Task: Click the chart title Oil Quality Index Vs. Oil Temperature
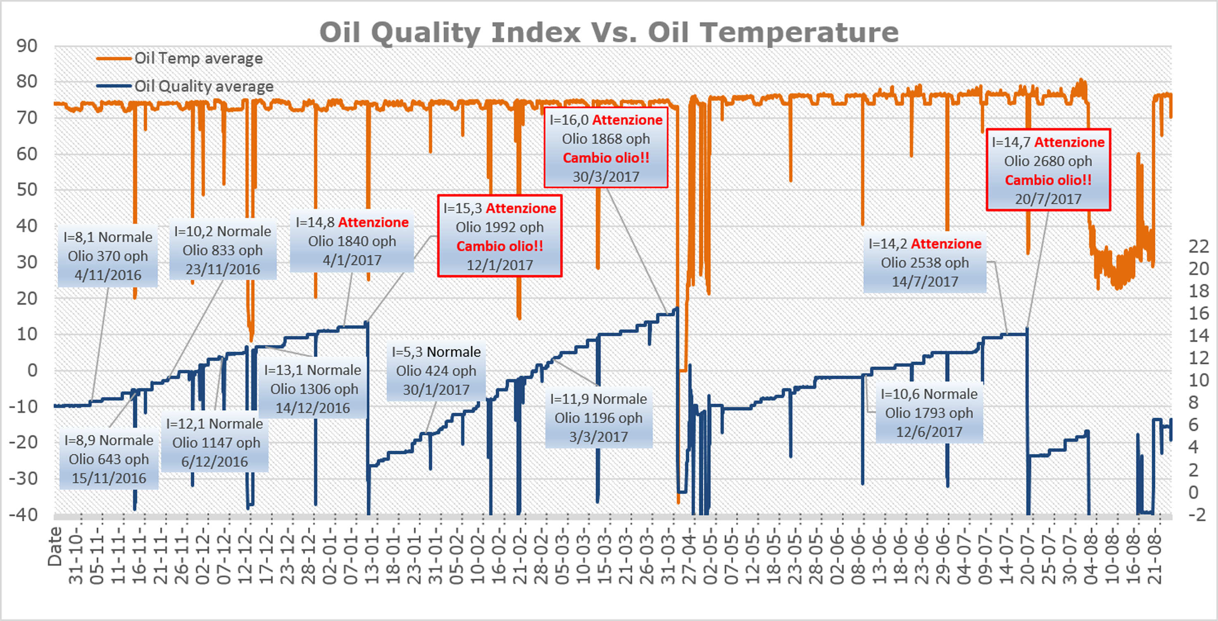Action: pyautogui.click(x=609, y=32)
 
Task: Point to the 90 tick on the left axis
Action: pyautogui.click(x=27, y=46)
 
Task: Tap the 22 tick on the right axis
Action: pyautogui.click(x=1199, y=246)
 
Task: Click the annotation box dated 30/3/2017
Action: pyautogui.click(x=606, y=148)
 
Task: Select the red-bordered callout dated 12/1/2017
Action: pyautogui.click(x=499, y=236)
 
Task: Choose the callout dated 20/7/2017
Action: pyautogui.click(x=1048, y=170)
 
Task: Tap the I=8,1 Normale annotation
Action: pyautogui.click(x=108, y=256)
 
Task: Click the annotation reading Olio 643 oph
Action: pyautogui.click(x=109, y=459)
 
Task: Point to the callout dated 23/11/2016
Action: pyautogui.click(x=223, y=250)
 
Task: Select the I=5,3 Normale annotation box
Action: pyautogui.click(x=436, y=370)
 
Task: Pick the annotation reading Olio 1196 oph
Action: pyautogui.click(x=599, y=418)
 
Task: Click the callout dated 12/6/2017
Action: pyautogui.click(x=929, y=412)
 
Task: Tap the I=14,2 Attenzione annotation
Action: pyautogui.click(x=925, y=262)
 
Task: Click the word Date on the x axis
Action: pyautogui.click(x=55, y=547)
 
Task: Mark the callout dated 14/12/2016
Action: pyautogui.click(x=312, y=389)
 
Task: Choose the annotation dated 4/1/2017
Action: pyautogui.click(x=352, y=241)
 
